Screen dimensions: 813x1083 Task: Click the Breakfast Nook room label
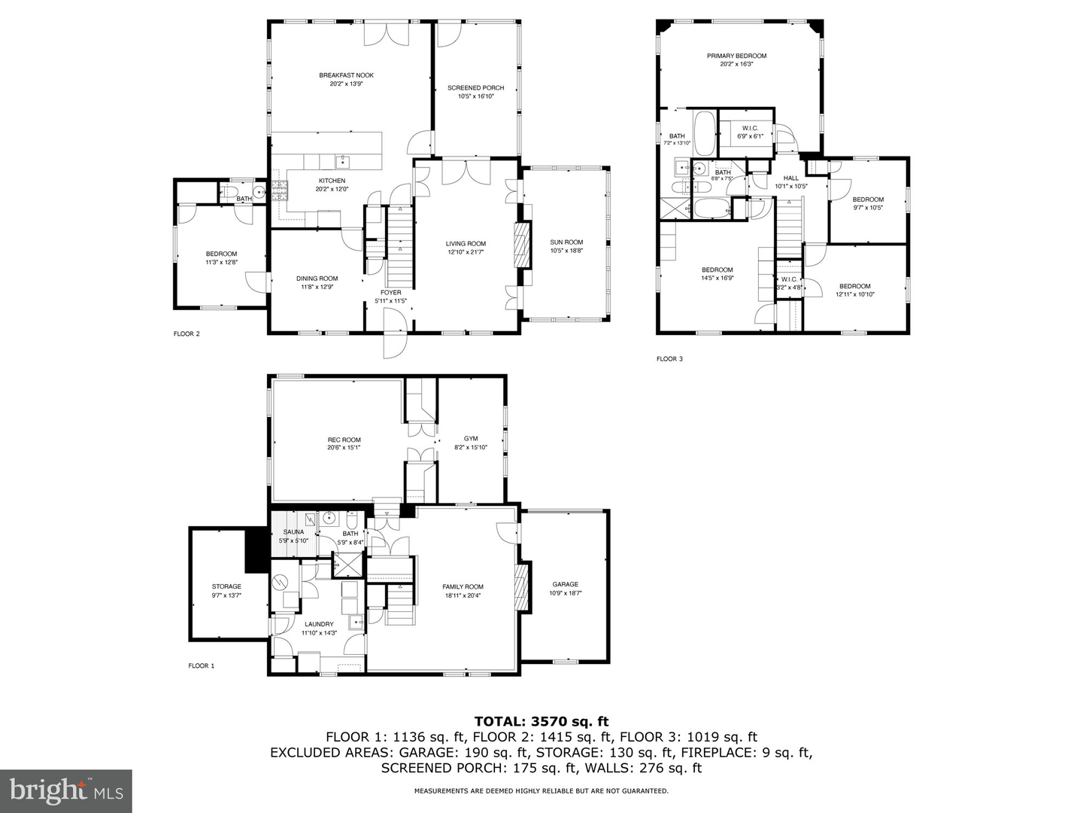click(x=346, y=75)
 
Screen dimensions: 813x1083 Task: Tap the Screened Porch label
click(x=475, y=88)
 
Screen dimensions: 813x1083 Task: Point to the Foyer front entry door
click(x=394, y=335)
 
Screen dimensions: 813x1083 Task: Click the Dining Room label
click(x=317, y=279)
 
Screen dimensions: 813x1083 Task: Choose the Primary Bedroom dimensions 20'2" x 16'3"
click(x=736, y=65)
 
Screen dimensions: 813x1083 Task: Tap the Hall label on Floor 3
click(x=790, y=178)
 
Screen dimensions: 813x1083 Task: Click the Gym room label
click(x=471, y=439)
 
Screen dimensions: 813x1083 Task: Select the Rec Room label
click(x=344, y=440)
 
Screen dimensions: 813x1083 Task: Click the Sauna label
click(x=293, y=532)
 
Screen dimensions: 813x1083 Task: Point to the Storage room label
click(x=226, y=586)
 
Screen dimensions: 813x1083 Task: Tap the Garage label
click(x=566, y=584)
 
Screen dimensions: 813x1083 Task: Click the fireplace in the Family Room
click(x=520, y=587)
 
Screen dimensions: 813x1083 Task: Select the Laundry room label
click(x=319, y=624)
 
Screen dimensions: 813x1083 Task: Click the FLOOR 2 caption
click(x=187, y=334)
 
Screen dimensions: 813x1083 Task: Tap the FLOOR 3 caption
click(x=669, y=359)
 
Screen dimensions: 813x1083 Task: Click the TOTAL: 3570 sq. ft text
click(x=541, y=722)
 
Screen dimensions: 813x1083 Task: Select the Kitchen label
click(x=332, y=181)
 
